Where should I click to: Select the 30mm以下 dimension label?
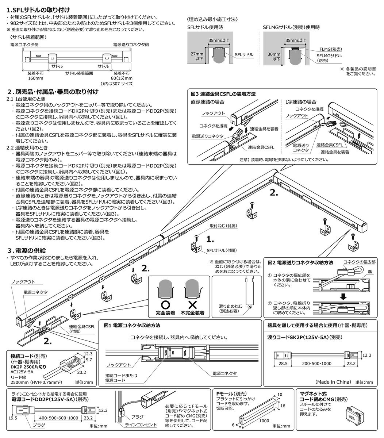click(x=273, y=56)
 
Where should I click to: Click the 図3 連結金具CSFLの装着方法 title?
click(x=223, y=94)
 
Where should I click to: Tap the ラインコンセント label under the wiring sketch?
click(x=139, y=425)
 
